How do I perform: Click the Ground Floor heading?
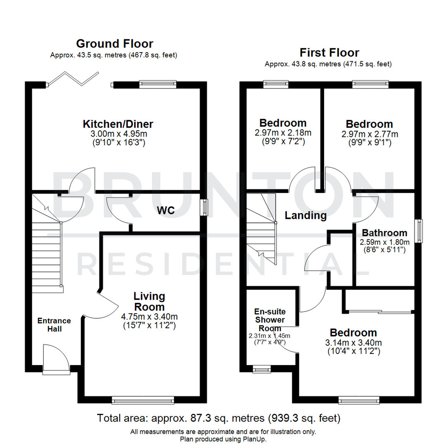click(114, 43)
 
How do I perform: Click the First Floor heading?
click(329, 53)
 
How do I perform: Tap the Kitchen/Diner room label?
click(118, 124)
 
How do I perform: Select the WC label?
click(165, 210)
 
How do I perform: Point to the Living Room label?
click(149, 302)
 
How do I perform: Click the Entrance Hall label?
click(54, 324)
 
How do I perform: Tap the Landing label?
click(305, 215)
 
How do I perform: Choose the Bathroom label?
click(384, 233)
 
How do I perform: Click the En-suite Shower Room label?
click(270, 320)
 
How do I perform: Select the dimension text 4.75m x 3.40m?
click(149, 317)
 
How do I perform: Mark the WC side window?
click(204, 207)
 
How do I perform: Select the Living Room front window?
click(143, 400)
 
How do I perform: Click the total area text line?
click(219, 418)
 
